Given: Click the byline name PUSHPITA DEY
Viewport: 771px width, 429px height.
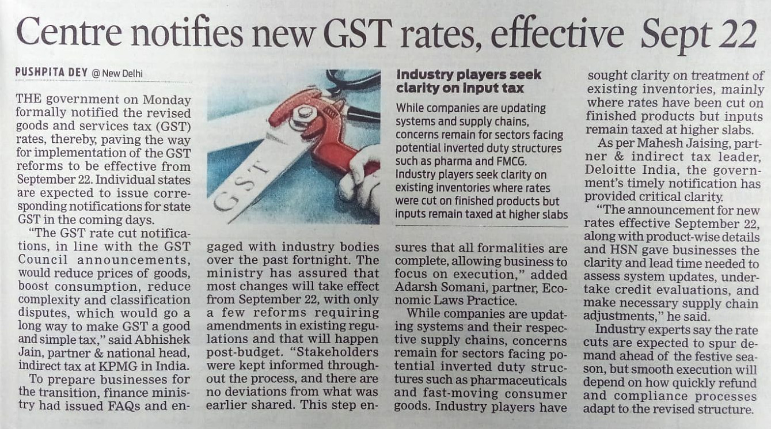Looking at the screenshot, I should (x=51, y=73).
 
